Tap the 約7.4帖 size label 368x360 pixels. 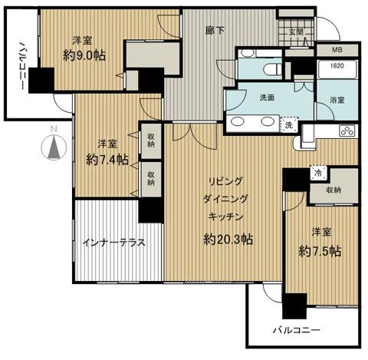pyautogui.click(x=107, y=160)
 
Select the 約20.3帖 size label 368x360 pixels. pyautogui.click(x=228, y=239)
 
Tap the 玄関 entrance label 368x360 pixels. pyautogui.click(x=297, y=31)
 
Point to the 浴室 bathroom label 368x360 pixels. pyautogui.click(x=337, y=101)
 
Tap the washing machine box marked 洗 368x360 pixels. pyautogui.click(x=288, y=125)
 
